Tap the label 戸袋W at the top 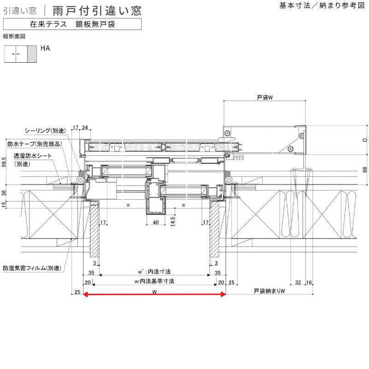pos(266,98)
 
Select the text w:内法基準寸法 pos(154,281)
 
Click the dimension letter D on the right pos(364,139)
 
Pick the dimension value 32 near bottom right pos(298,282)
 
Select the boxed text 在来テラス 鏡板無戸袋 pos(71,24)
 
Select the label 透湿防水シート pos(32,156)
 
